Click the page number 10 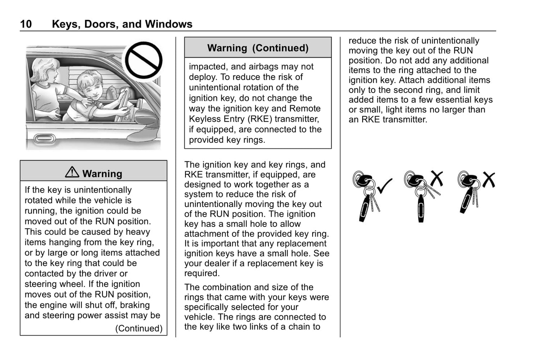(x=26, y=24)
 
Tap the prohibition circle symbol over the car (x=143, y=60)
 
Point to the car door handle (x=44, y=139)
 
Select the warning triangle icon (x=72, y=172)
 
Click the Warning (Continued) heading (x=258, y=48)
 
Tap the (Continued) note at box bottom (x=139, y=328)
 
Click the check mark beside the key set (x=385, y=186)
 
